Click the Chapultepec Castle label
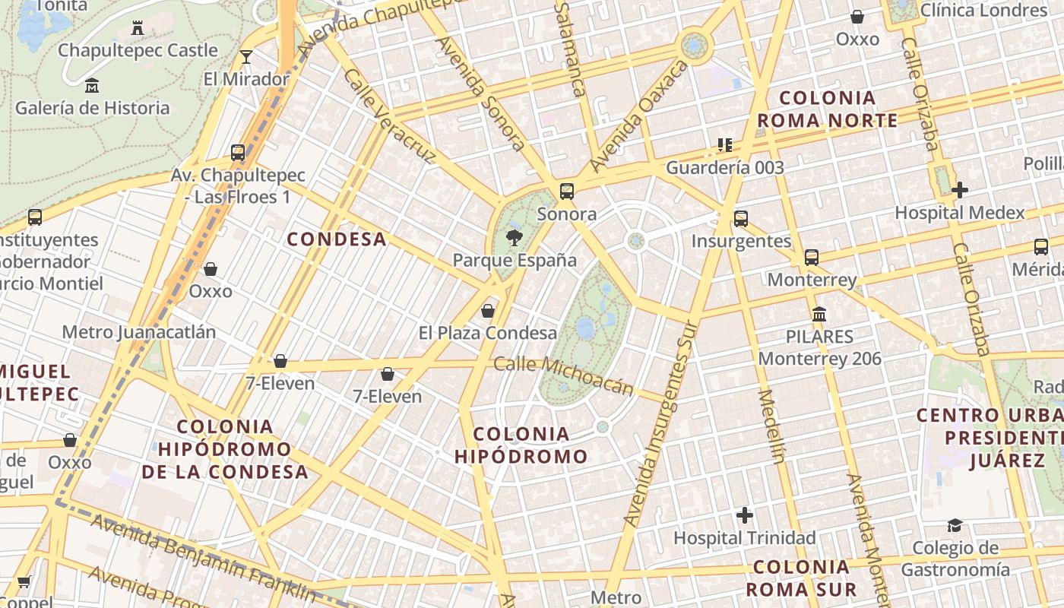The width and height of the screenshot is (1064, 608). (x=138, y=50)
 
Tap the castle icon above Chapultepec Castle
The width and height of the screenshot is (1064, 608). (x=138, y=28)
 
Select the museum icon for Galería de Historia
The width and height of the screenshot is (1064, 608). (x=92, y=85)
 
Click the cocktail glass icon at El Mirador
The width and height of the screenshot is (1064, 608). (x=245, y=57)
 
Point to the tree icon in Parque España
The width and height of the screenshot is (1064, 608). (x=515, y=237)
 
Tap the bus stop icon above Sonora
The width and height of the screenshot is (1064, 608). (x=566, y=192)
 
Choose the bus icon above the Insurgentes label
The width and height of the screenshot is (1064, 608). (x=741, y=219)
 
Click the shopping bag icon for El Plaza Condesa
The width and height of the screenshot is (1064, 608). (x=488, y=310)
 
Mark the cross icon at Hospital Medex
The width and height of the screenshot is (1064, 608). (x=959, y=190)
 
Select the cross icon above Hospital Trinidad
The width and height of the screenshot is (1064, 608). (x=745, y=515)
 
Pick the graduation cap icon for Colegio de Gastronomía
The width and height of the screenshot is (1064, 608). (x=955, y=525)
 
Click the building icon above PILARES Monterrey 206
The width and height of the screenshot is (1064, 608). (x=819, y=314)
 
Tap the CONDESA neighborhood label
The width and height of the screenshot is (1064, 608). (x=337, y=239)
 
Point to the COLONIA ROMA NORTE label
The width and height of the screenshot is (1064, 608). (x=828, y=109)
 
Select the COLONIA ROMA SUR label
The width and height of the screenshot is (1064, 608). (x=801, y=578)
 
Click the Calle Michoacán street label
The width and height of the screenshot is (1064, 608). (x=563, y=375)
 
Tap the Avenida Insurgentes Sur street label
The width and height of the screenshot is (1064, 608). (x=660, y=423)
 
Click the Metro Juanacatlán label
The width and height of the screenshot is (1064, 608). (x=138, y=332)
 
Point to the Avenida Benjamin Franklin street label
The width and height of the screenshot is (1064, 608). (x=203, y=556)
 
